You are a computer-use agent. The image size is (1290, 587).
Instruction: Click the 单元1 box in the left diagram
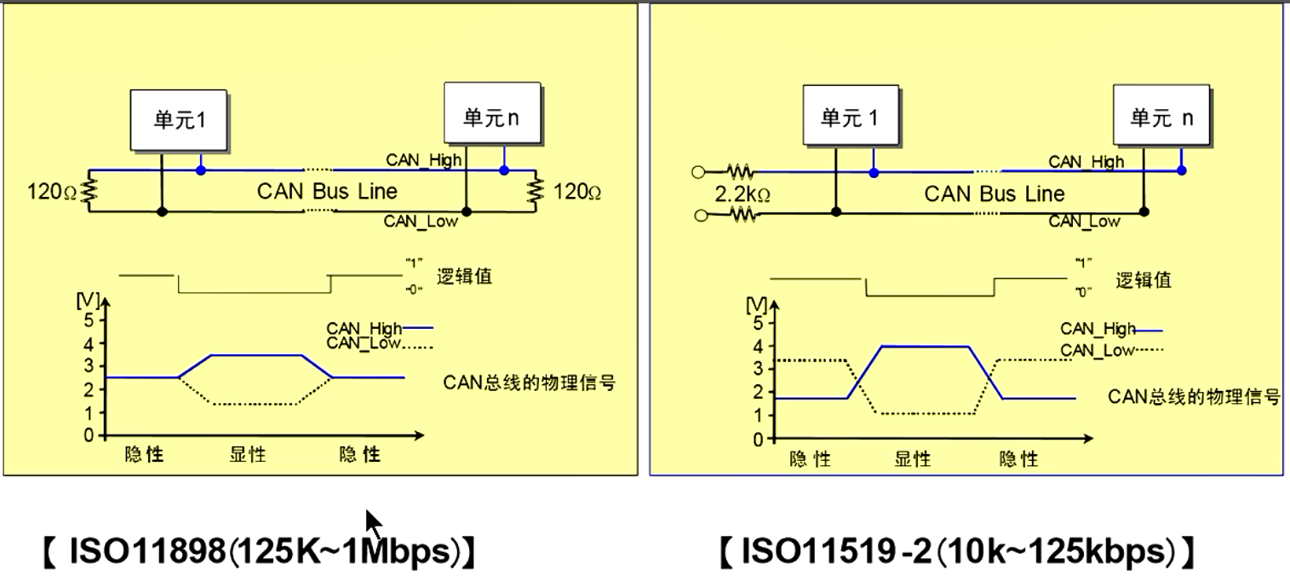[179, 120]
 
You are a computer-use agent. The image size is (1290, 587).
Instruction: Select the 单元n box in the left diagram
[493, 113]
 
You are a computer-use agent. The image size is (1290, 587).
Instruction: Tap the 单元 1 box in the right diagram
[851, 116]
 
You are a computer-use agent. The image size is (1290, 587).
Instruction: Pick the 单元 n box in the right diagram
[1161, 116]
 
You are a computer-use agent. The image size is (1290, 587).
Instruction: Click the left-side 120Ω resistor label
[52, 192]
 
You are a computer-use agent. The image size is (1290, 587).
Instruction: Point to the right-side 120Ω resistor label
[577, 192]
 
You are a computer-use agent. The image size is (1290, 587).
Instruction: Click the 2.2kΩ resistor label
[742, 195]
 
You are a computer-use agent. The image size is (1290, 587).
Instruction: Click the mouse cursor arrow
[373, 523]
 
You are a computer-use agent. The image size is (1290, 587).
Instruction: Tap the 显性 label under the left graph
[248, 454]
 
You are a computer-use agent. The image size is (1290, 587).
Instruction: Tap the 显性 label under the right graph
[912, 459]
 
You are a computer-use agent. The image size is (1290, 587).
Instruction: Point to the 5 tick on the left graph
[88, 319]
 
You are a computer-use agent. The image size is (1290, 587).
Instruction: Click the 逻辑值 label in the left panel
[464, 277]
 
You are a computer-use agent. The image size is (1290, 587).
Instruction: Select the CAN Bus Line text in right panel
[995, 194]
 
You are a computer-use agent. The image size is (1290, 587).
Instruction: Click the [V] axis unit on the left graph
[87, 300]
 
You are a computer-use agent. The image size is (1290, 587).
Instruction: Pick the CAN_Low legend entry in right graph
[1111, 350]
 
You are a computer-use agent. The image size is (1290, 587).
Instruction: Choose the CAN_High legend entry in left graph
[380, 328]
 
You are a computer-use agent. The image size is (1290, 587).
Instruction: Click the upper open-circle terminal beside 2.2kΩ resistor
[698, 171]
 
